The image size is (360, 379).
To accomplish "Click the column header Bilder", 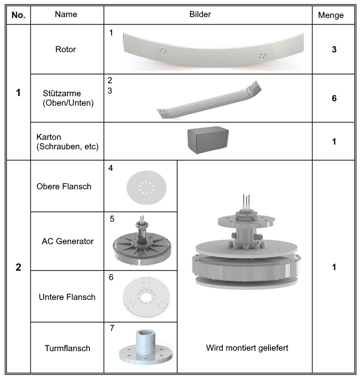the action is tap(200, 14).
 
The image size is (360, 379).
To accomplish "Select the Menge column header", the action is tap(331, 15).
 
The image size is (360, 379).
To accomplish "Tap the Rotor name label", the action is tap(66, 49).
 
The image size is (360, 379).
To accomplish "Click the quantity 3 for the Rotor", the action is tap(334, 49).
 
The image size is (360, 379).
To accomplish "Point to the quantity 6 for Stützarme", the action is tap(334, 98).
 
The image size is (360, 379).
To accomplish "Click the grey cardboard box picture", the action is tap(208, 140).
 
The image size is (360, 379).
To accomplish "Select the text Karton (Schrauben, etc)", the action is tap(67, 142).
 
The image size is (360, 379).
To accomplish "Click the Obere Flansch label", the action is tap(64, 187).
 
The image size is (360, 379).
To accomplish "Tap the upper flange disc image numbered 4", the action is tap(146, 187).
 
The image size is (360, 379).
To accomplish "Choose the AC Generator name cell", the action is tap(67, 241).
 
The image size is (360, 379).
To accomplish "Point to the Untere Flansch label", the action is tap(67, 297).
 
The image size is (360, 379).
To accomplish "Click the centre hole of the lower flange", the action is tap(145, 296).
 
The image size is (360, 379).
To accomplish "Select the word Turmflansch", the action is tap(67, 348).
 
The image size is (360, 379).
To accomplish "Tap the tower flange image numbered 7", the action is tap(145, 347).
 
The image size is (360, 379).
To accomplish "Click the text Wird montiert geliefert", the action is tap(247, 348).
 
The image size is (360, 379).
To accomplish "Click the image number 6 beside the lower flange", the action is tap(111, 277).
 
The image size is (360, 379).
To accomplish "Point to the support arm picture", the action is tap(209, 100).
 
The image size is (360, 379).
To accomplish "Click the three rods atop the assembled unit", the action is tap(246, 203).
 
